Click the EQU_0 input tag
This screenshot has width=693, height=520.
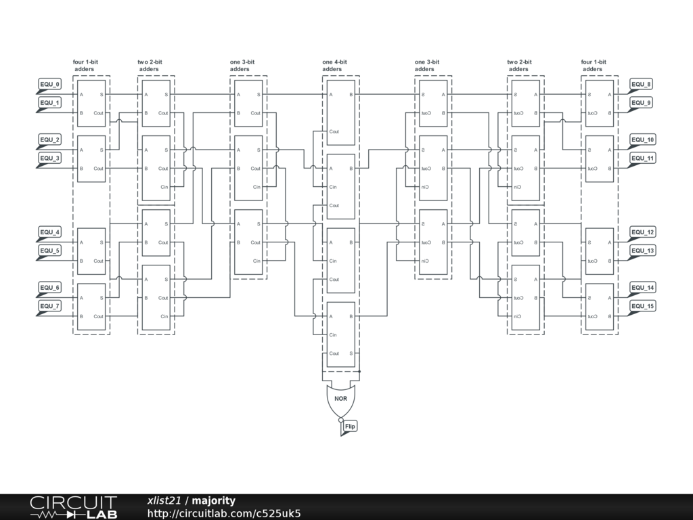pos(49,85)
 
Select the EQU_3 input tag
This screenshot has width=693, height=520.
pos(49,158)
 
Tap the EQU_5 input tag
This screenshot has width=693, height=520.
pos(49,251)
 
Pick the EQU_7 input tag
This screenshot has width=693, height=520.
pos(49,307)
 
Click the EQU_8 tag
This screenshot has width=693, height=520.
pos(641,85)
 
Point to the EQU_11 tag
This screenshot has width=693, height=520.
pos(642,158)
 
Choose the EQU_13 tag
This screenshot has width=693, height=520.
pos(642,251)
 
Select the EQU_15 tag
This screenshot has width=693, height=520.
pos(642,307)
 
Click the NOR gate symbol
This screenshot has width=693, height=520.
pos(340,400)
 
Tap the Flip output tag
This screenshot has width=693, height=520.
pos(349,427)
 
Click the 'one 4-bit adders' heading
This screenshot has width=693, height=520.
pos(334,66)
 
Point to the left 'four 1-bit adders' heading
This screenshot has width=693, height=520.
pos(85,66)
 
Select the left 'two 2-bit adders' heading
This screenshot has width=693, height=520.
pos(150,66)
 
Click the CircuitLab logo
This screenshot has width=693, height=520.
pos(73,507)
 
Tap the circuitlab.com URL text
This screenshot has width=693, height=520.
pos(224,514)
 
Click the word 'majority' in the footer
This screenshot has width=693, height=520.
pos(214,501)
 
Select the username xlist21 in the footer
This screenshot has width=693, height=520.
pos(164,501)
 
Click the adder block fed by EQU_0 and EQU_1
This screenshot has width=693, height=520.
pos(91,104)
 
